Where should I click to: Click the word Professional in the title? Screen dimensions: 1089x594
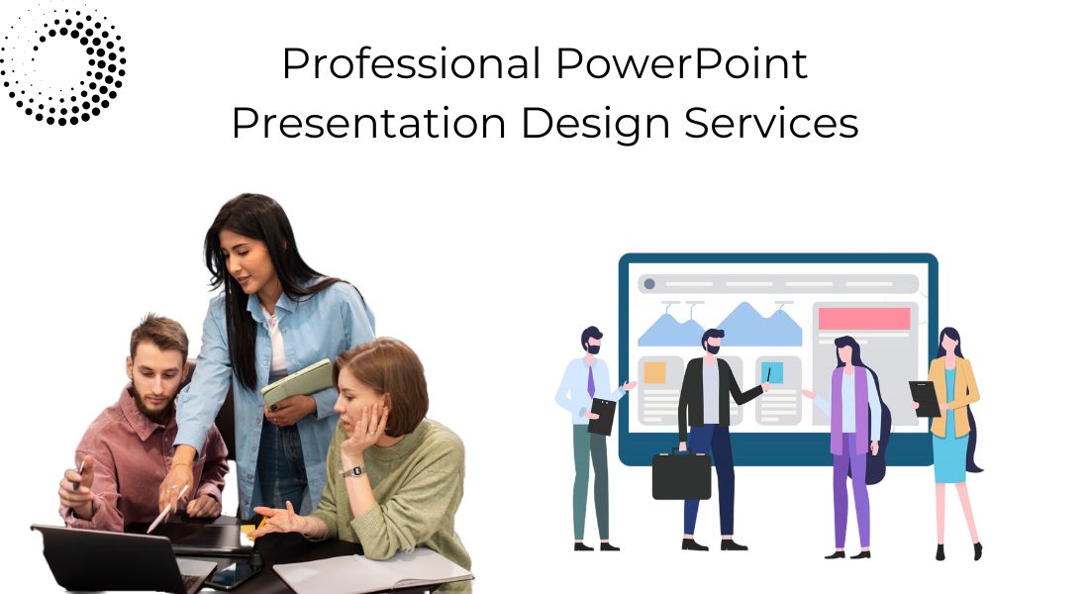tap(411, 64)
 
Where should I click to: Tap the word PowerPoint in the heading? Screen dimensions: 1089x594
tap(681, 64)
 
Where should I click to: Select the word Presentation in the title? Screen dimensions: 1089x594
tap(368, 123)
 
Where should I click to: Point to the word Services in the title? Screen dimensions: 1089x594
tap(771, 123)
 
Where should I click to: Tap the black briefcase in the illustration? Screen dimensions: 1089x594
tap(681, 474)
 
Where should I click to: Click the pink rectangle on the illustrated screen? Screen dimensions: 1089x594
tap(864, 319)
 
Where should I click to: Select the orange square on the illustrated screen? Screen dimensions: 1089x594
tap(654, 372)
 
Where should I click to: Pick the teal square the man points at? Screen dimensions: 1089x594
tap(772, 372)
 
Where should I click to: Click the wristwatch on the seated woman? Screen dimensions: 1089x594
tap(353, 471)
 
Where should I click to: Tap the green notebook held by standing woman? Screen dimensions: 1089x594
tap(297, 384)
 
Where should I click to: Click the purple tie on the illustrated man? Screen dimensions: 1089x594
tap(591, 381)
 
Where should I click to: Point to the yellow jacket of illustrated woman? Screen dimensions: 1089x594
tap(959, 396)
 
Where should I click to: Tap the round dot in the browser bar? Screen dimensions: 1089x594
tap(649, 283)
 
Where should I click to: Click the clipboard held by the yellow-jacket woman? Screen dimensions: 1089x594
tap(925, 399)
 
